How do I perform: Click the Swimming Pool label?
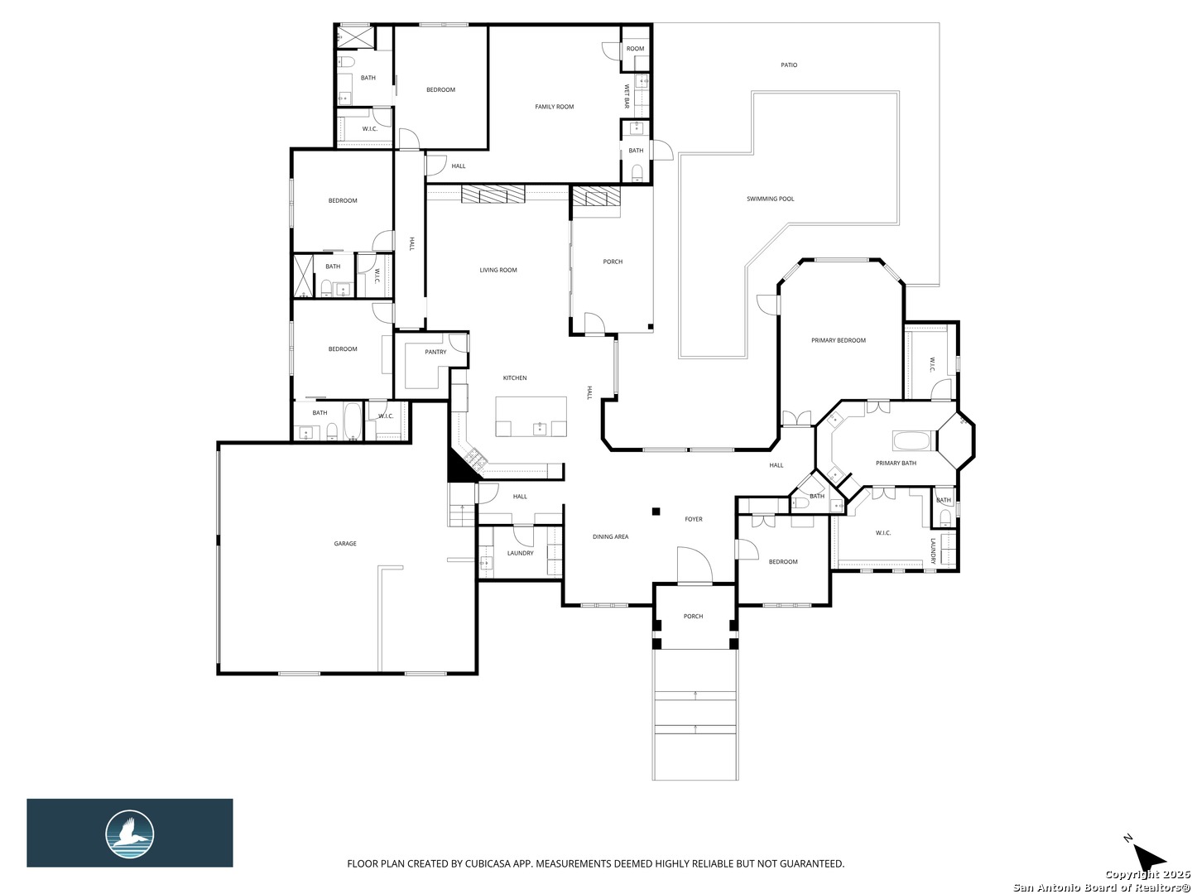pos(770,199)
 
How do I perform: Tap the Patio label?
pos(789,65)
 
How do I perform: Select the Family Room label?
pos(555,107)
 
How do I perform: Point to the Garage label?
pos(345,543)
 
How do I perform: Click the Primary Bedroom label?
pos(839,340)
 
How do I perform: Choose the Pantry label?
pos(435,353)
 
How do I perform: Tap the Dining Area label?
pos(610,537)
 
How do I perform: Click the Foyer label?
pos(694,520)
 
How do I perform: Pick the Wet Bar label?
pos(626,96)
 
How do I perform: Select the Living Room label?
pos(498,271)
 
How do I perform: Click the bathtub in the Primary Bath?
pos(916,440)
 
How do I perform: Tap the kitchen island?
pos(531,416)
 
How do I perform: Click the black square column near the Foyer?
pos(656,512)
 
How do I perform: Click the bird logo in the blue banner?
pos(130,834)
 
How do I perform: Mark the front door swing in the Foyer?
pos(695,565)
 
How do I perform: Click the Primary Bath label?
pos(896,464)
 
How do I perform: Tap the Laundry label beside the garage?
pos(520,553)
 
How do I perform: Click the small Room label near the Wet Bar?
pos(636,49)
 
